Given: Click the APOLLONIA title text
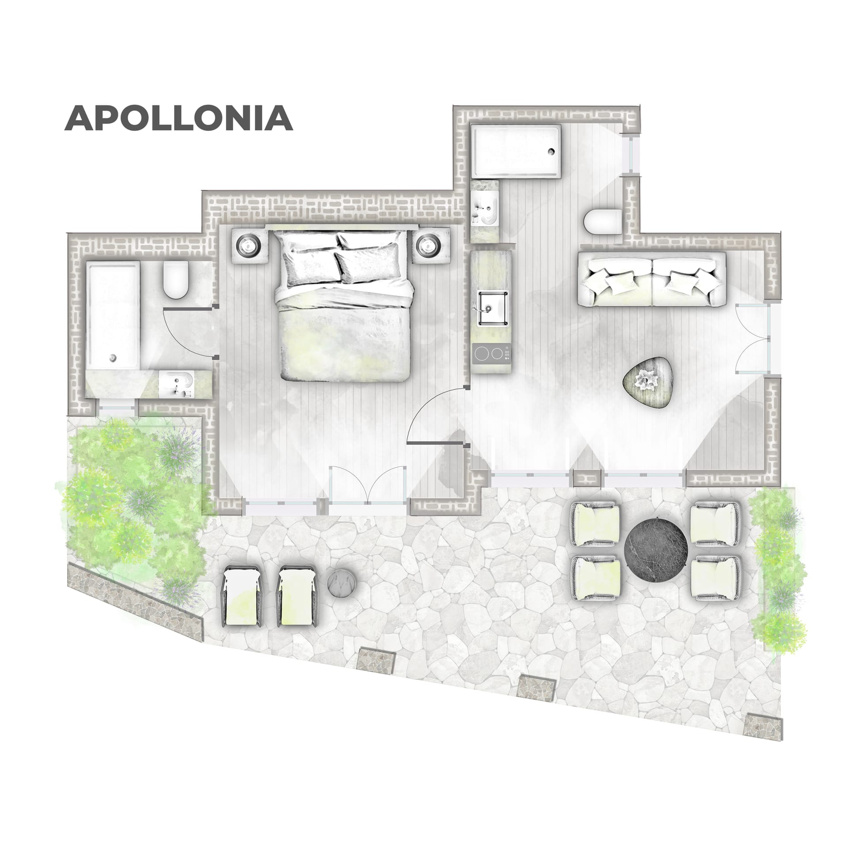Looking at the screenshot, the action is [179, 118].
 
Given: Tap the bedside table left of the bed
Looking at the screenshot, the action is [247, 245].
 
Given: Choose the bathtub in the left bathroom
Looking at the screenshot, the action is [113, 314].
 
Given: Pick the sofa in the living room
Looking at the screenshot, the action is [652, 280].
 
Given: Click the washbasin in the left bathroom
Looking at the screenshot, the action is [175, 383].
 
